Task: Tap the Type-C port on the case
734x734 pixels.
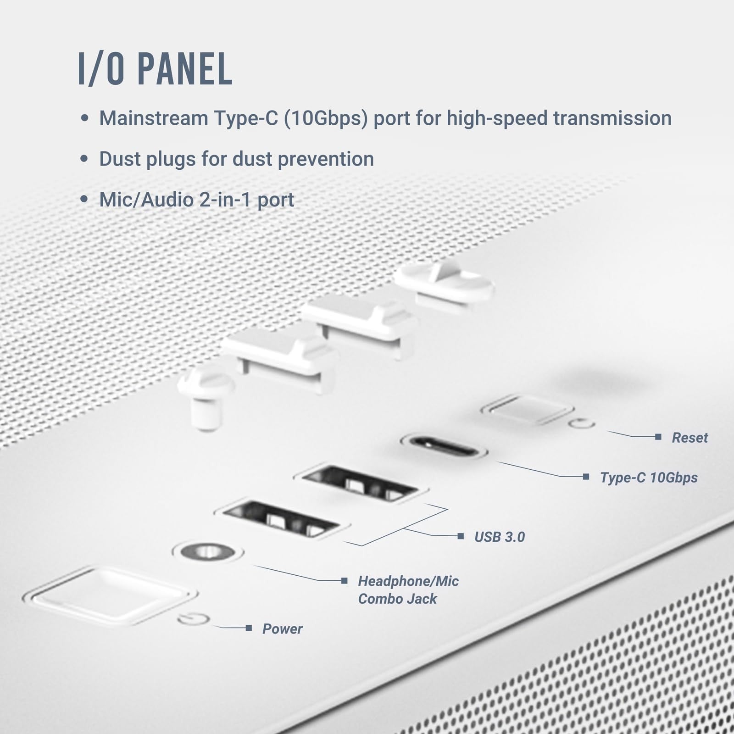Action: coord(444,446)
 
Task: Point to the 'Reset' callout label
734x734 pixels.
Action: coord(690,438)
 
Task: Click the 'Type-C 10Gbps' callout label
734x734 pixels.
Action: coord(649,478)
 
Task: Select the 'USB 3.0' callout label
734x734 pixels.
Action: coord(500,537)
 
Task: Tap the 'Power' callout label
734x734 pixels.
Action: coord(282,628)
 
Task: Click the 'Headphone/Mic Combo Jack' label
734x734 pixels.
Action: coord(408,590)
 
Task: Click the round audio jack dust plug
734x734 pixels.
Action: coord(202,397)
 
